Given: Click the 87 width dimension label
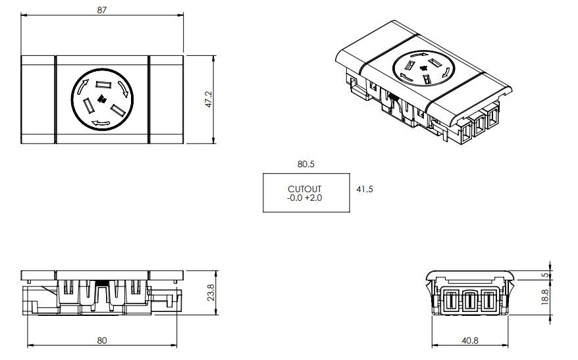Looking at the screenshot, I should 101,10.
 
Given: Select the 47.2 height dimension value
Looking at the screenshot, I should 209,99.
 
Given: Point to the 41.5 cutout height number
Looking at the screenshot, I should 365,189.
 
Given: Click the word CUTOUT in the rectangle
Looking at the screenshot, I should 305,189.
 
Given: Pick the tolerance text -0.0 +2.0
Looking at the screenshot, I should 305,197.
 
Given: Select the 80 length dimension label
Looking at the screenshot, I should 101,340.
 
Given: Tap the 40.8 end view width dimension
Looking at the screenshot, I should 470,340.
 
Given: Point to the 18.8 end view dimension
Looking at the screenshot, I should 544,297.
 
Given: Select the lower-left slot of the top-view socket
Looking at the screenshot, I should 87,105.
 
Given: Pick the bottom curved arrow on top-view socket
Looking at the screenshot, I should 101,123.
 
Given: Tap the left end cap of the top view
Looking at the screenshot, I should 38,99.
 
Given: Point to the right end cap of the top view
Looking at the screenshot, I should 166,99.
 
